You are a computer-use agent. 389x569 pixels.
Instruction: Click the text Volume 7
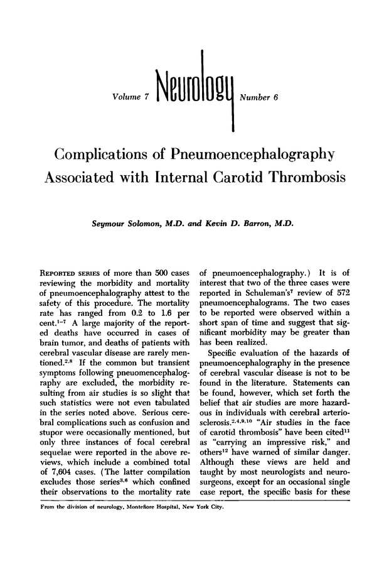[129, 97]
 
